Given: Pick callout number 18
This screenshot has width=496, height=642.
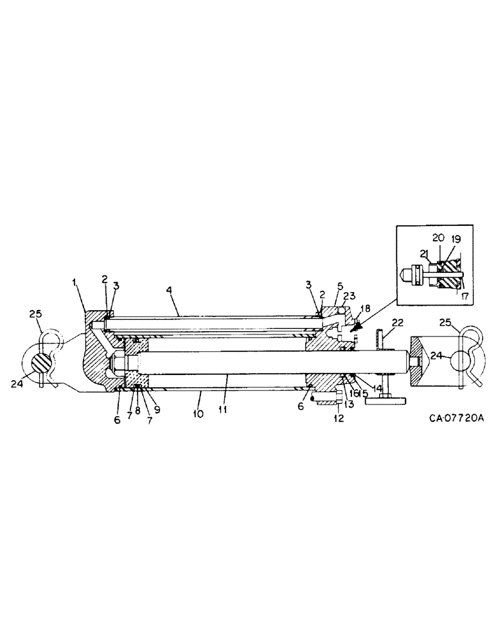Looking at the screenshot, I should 366,309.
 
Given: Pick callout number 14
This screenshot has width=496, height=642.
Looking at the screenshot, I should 377,389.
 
